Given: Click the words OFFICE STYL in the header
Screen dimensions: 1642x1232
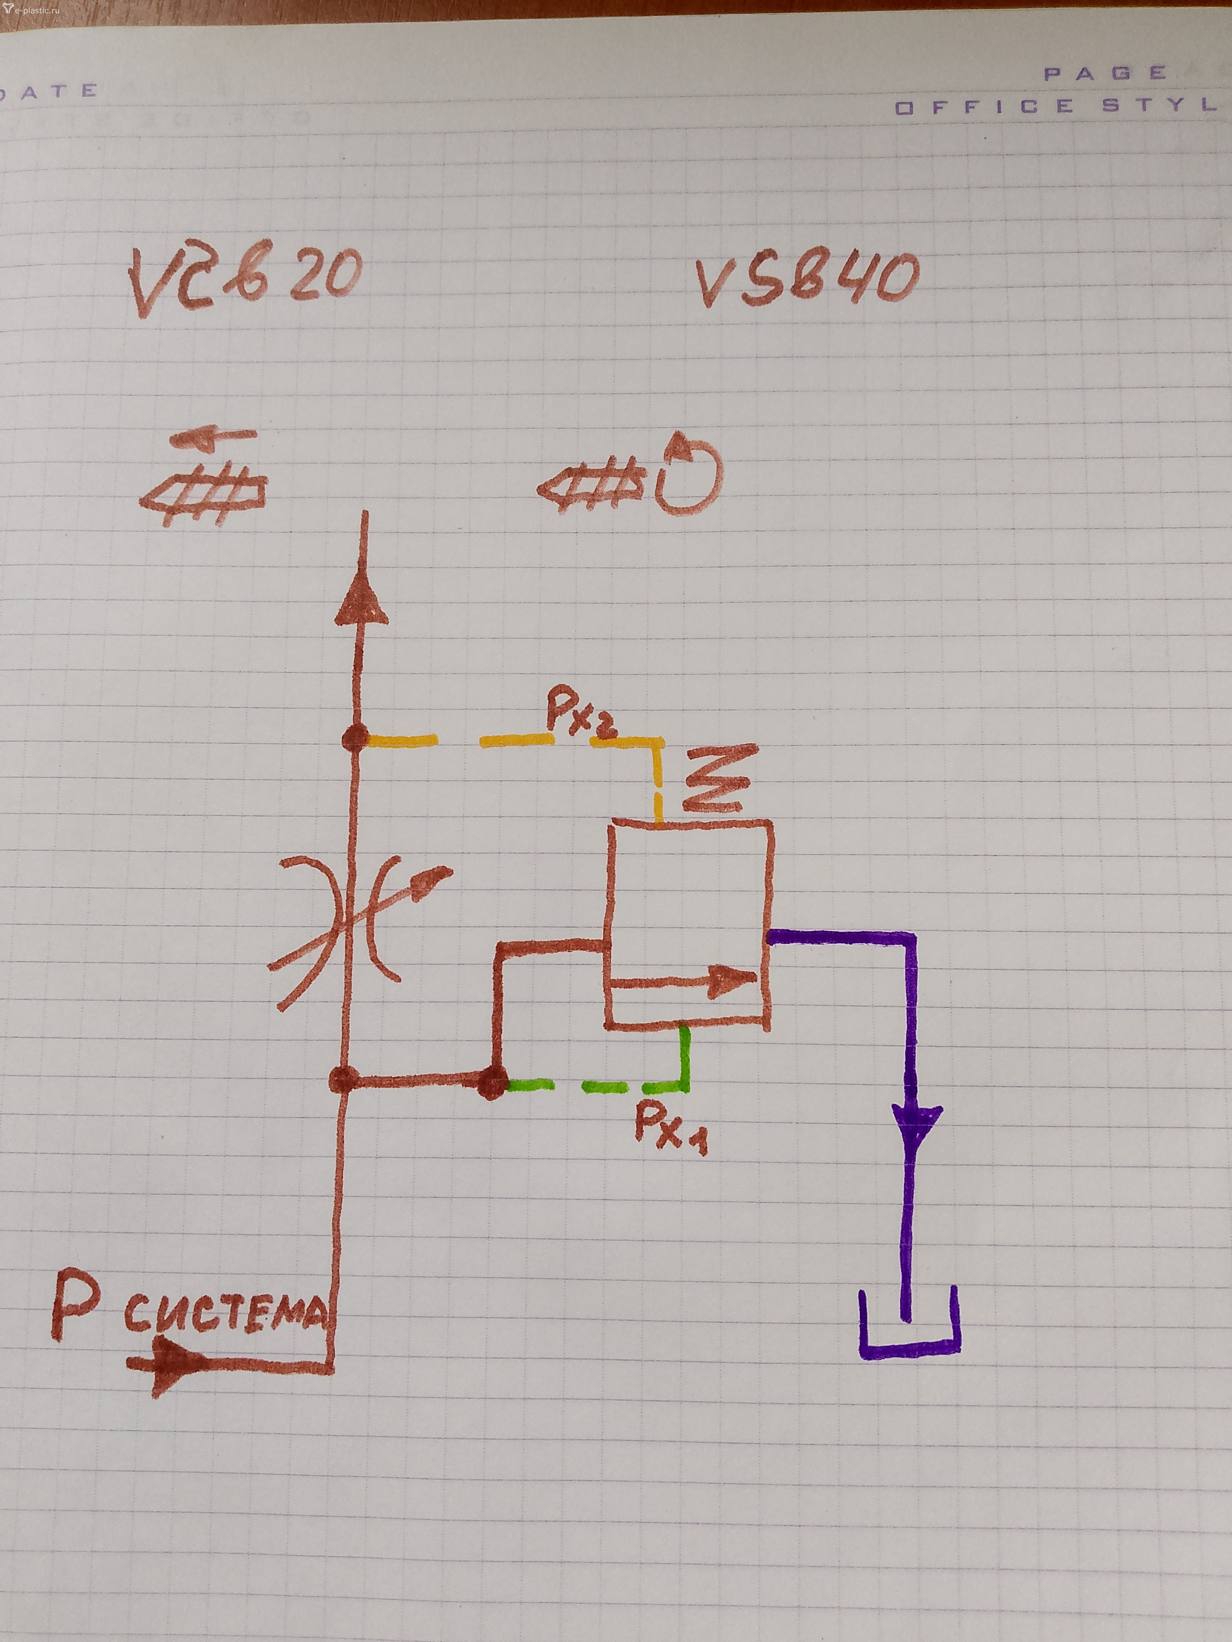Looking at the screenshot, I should click(x=1055, y=106).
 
